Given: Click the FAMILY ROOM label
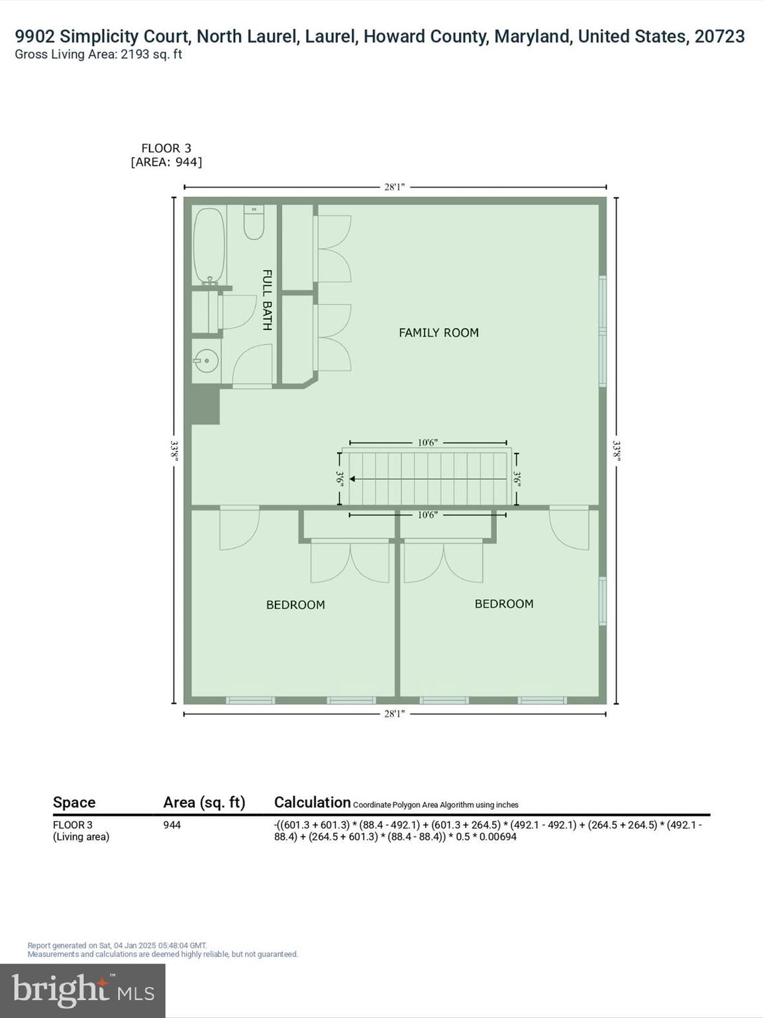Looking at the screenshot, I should tap(438, 333).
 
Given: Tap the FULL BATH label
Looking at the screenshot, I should tap(267, 300).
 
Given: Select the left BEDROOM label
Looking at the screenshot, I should tap(295, 604).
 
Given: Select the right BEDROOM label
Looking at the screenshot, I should tap(504, 604).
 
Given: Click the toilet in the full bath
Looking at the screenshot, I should tap(254, 223).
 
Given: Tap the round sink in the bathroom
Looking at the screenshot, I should tap(207, 361).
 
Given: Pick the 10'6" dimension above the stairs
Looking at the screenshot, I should tap(427, 443).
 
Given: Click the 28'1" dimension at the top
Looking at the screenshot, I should tap(395, 187).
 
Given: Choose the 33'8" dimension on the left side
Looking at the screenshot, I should tap(174, 451).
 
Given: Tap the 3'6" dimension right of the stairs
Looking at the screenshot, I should tap(517, 479).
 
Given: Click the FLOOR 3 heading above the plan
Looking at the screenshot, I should tap(166, 148).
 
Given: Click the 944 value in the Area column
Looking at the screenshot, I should tap(172, 825).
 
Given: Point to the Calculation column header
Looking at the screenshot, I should tap(312, 803).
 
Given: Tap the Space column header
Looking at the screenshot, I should tap(74, 803).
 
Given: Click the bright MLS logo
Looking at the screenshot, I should tap(83, 990).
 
